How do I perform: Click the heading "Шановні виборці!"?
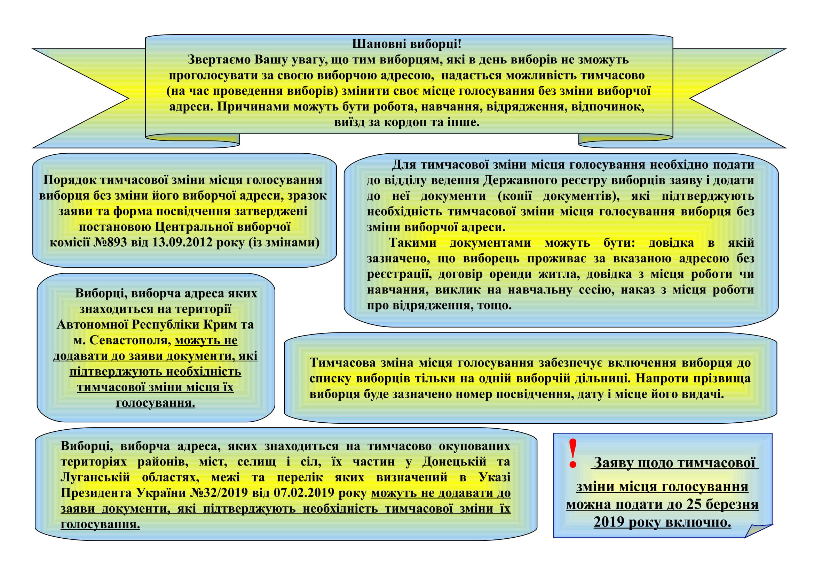click(406, 44)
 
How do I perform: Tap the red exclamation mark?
click(573, 454)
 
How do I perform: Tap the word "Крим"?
click(213, 325)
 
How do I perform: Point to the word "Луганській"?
click(95, 477)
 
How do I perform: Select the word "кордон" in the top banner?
click(405, 122)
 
